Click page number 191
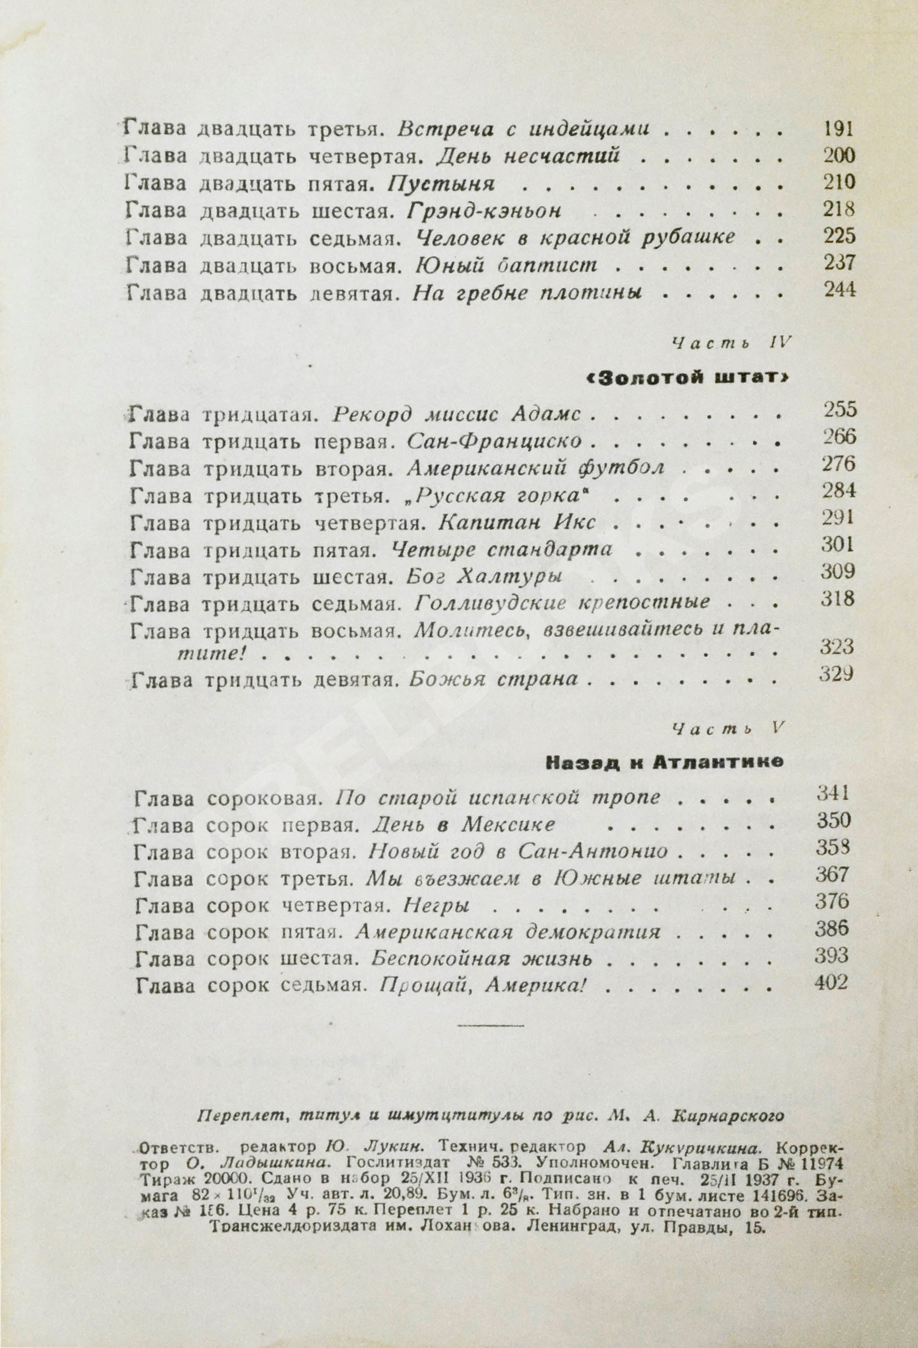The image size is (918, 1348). tap(839, 129)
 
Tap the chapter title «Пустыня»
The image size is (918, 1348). tap(440, 184)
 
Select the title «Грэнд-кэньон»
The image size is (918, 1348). tap(484, 211)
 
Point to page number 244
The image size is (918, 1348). tap(839, 290)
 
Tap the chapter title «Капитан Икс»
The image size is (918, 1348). tap(517, 522)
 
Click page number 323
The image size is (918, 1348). tap(839, 646)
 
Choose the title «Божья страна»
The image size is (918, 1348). tap(494, 679)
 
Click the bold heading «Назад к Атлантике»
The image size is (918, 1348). tap(665, 762)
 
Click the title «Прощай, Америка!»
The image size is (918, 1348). tap(479, 986)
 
